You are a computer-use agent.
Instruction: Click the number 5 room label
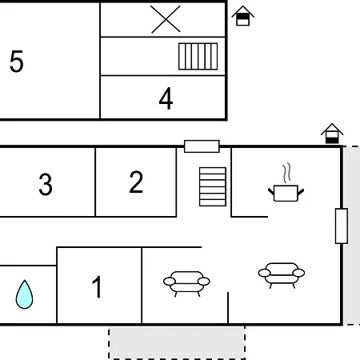16,62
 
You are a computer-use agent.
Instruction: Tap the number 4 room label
166,98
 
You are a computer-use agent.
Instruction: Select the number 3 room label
46,184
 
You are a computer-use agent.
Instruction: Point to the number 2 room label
136,182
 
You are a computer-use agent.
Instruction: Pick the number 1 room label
97,286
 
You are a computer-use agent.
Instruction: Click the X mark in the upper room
166,19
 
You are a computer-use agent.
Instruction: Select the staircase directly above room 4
198,56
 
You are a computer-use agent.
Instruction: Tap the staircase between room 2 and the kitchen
213,186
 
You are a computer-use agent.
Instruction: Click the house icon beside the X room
242,16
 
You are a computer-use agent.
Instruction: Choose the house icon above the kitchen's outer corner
332,134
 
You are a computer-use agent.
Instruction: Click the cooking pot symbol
286,193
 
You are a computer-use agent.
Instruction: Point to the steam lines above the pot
286,173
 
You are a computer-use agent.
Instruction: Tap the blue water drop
24,294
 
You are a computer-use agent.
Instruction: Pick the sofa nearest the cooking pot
282,275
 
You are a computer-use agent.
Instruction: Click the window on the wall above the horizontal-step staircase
202,146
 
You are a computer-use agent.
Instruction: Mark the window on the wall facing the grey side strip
342,226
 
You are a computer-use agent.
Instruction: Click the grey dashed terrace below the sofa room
177,342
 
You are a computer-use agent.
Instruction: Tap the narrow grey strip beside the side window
351,235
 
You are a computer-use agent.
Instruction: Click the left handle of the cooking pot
271,192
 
